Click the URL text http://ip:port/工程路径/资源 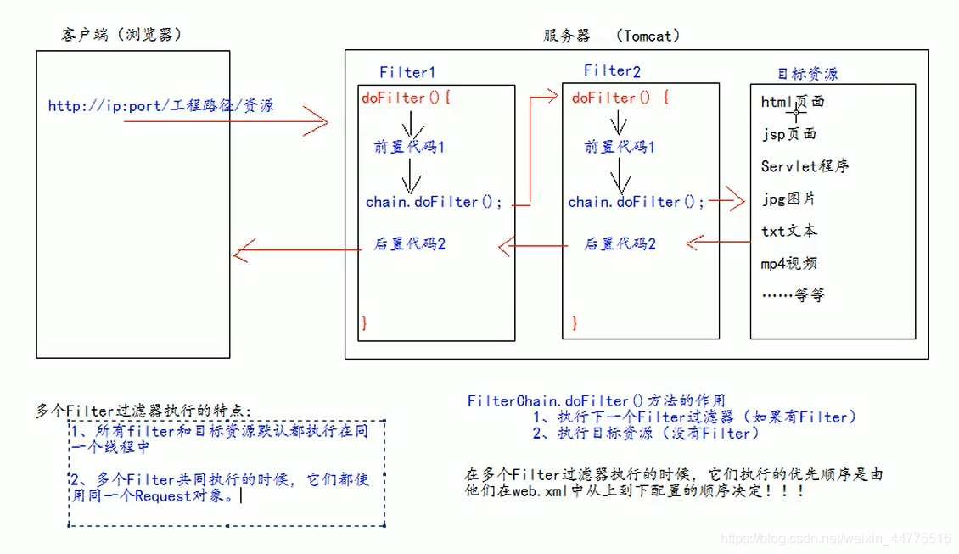(x=160, y=106)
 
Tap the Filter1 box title (x=407, y=73)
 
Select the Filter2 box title (x=612, y=70)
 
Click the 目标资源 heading (x=807, y=75)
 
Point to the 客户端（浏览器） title (x=121, y=35)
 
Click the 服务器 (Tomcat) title (x=611, y=36)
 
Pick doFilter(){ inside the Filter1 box (x=406, y=98)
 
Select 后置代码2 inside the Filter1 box (x=410, y=244)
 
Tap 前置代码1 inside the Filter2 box (x=620, y=147)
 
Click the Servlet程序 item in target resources (x=805, y=166)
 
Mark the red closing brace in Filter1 (x=364, y=322)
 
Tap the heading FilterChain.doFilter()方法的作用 (x=596, y=400)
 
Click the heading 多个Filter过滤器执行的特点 (x=143, y=411)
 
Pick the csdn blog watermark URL (x=835, y=539)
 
